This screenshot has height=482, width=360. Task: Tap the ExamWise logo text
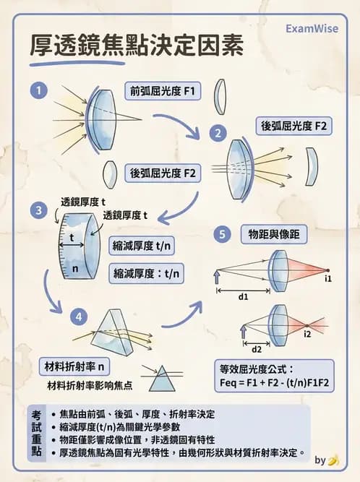tap(314, 29)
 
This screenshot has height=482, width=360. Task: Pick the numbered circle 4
tap(79, 316)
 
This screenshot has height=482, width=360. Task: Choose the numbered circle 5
tap(223, 235)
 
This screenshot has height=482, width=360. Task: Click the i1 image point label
tap(328, 278)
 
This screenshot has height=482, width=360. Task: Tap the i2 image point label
tap(307, 333)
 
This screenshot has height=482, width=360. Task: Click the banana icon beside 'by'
tap(333, 460)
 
